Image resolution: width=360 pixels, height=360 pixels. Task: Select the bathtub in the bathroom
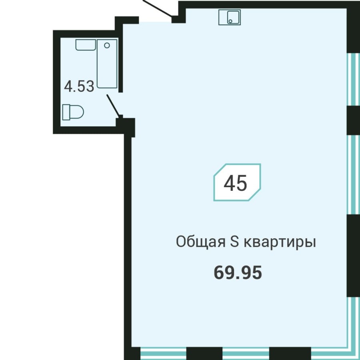[107, 63]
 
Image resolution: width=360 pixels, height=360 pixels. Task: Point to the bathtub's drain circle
[107, 45]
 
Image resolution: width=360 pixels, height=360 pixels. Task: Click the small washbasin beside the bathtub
[85, 45]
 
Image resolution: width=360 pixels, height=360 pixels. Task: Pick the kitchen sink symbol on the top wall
[229, 17]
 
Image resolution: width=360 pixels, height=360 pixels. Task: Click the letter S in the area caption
[234, 242]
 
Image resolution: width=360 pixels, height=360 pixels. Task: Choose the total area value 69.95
[238, 273]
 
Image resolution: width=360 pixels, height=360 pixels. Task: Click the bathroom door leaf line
[112, 105]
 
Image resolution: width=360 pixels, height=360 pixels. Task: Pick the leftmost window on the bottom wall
[163, 353]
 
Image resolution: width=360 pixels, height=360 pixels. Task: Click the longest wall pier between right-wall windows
[353, 255]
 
